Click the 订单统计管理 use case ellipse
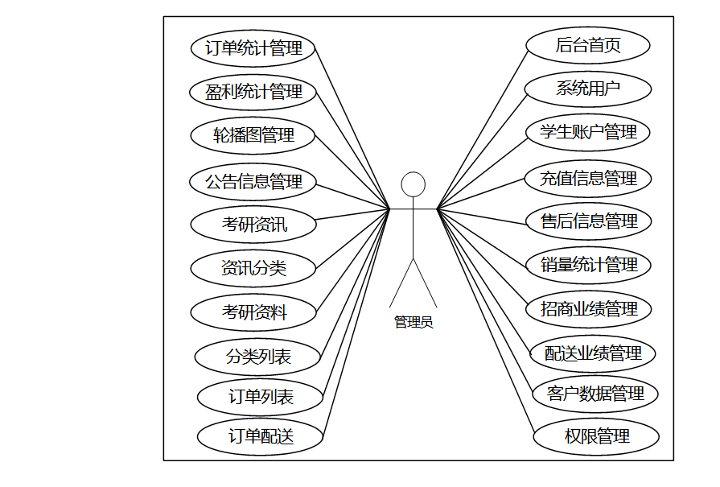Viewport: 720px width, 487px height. point(253,48)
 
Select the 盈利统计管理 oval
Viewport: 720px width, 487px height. point(253,92)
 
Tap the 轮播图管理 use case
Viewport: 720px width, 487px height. point(253,135)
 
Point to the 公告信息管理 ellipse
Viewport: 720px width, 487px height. point(253,181)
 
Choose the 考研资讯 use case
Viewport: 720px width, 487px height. point(253,225)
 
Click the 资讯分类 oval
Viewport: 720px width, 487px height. point(253,268)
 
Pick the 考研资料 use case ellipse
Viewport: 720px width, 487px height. point(253,312)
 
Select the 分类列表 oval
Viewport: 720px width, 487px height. point(258,356)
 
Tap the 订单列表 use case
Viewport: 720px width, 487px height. point(261,396)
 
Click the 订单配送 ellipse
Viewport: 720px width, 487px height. point(261,436)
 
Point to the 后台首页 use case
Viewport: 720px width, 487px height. point(588,45)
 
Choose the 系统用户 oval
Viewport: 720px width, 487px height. point(588,89)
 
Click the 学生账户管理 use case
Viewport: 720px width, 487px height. point(588,132)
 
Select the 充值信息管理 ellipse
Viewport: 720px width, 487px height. point(588,178)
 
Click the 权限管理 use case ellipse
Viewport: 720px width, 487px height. point(596,437)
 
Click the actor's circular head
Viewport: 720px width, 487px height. point(413,184)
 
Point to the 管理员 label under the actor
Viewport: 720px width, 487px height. point(413,322)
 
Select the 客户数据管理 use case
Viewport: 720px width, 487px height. point(595,394)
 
